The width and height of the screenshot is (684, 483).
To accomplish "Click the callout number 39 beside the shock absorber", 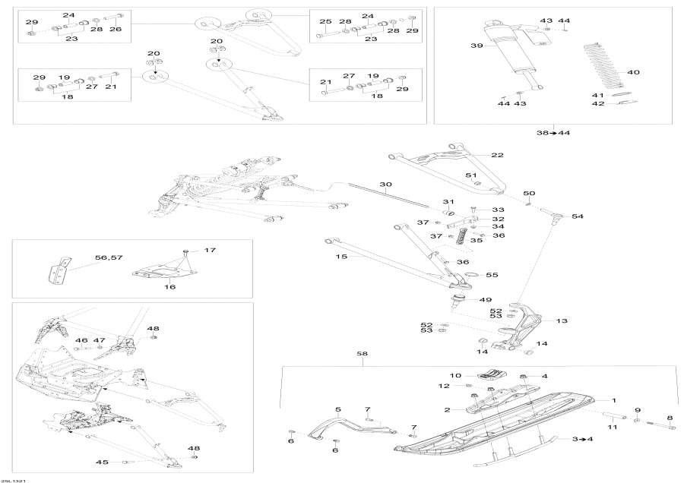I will tap(477, 46).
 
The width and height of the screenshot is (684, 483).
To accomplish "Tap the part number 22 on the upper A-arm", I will tap(497, 155).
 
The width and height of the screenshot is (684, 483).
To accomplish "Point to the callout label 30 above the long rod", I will tap(386, 185).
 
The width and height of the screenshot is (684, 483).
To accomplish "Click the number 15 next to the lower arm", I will tap(341, 257).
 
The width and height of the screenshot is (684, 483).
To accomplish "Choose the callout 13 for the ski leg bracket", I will tap(562, 320).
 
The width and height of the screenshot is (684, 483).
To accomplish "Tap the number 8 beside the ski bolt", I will tap(670, 418).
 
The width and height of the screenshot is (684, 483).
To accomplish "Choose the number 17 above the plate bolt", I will tap(210, 250).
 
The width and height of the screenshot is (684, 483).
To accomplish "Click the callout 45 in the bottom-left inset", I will tap(102, 462).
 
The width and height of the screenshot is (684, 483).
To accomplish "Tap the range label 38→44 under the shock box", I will tap(554, 133).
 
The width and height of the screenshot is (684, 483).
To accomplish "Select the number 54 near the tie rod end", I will tap(578, 216).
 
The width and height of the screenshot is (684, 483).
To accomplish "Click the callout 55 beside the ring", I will tap(492, 274).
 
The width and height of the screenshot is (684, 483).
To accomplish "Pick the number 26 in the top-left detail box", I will tap(116, 29).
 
